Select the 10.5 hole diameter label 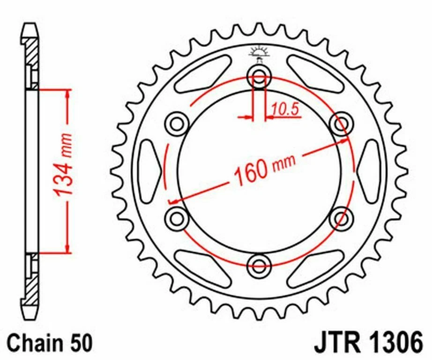click(x=284, y=110)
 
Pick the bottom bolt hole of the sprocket click(x=259, y=263)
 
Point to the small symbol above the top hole click(x=258, y=51)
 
